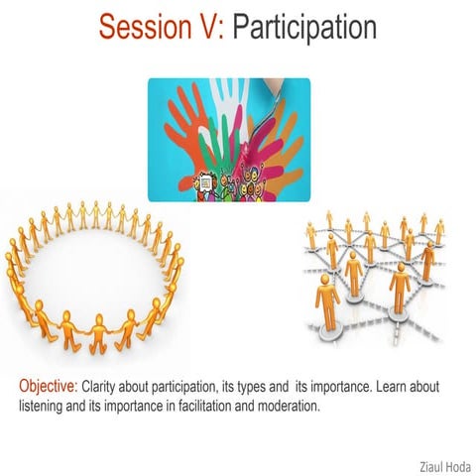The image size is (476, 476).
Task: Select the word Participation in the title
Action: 304,26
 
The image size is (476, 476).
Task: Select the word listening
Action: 45,405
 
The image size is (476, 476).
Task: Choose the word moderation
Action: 294,405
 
